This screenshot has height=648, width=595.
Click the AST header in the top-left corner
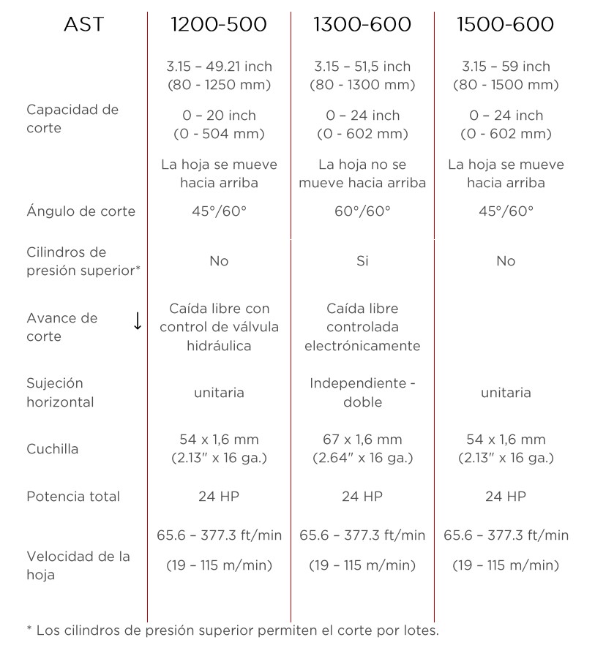coord(84,25)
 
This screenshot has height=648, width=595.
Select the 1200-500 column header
coord(218,25)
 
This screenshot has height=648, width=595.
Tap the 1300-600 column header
coord(362,25)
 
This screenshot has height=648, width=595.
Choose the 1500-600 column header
coord(505,25)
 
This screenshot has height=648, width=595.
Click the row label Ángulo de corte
coord(81,211)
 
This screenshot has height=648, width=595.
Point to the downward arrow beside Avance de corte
coord(137,321)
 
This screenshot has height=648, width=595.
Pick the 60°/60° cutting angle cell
coord(362,211)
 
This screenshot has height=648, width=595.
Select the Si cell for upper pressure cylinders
coord(362,261)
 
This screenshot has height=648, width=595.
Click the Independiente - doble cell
coord(362,393)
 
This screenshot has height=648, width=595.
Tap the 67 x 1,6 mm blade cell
coord(362,440)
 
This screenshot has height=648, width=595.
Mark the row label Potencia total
coord(73,497)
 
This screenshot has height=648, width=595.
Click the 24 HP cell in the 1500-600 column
coord(506,497)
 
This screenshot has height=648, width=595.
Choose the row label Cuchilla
coord(52,449)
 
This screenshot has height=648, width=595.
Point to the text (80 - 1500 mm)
coord(506,85)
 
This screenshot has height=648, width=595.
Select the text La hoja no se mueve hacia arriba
coord(362,173)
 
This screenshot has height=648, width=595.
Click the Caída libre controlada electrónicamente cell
coord(362,327)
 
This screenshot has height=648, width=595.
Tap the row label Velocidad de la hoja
coord(78,565)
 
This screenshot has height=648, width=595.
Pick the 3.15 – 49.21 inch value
coord(219,67)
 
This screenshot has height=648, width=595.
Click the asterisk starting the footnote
coord(29,628)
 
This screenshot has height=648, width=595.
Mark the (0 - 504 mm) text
coord(219,134)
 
